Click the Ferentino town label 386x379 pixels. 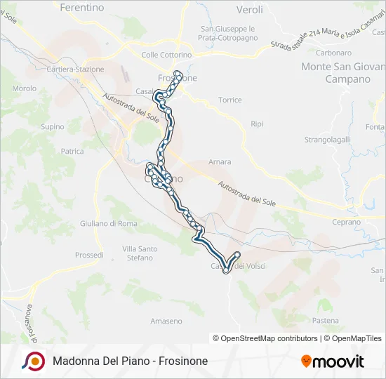(82, 8)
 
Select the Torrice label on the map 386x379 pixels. (229, 100)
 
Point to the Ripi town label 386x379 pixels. (257, 124)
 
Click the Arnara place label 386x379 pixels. (220, 162)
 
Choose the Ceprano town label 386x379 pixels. (345, 222)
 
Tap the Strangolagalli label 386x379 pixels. (327, 140)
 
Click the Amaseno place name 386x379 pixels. (166, 321)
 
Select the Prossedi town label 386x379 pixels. (89, 255)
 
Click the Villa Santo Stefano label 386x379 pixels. (139, 253)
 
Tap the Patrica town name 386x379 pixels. (72, 151)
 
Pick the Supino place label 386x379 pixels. (53, 127)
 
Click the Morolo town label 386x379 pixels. (24, 89)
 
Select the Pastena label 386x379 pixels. (326, 320)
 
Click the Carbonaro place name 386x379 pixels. (333, 53)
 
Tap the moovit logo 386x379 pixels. (333, 361)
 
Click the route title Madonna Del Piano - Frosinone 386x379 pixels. (130, 361)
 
